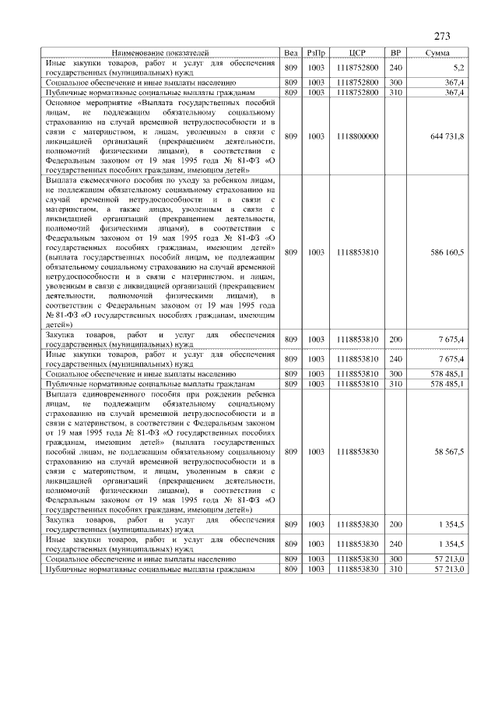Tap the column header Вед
(291, 52)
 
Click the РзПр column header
(316, 52)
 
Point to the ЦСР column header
(358, 52)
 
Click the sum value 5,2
(458, 68)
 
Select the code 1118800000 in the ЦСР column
(358, 136)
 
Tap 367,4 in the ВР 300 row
(454, 82)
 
